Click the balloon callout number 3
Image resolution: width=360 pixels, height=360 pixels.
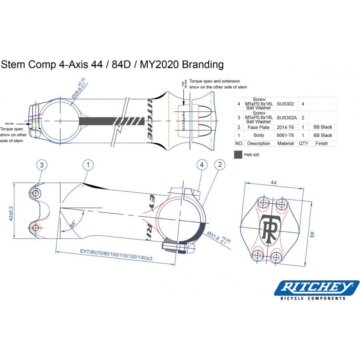[42, 165]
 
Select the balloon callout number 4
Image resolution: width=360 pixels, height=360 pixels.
[202, 165]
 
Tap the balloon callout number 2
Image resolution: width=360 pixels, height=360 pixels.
[220, 165]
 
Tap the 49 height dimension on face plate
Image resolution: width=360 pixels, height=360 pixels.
[311, 234]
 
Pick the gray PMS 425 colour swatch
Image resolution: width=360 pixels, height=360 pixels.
[238, 155]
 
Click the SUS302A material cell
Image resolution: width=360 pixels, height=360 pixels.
[285, 118]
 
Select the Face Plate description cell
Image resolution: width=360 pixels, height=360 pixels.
[259, 127]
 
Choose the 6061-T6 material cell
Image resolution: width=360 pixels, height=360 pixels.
[285, 135]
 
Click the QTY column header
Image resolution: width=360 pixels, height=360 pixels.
[303, 143]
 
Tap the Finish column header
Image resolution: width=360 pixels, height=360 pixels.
[322, 143]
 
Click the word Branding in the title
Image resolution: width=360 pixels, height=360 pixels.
[202, 65]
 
